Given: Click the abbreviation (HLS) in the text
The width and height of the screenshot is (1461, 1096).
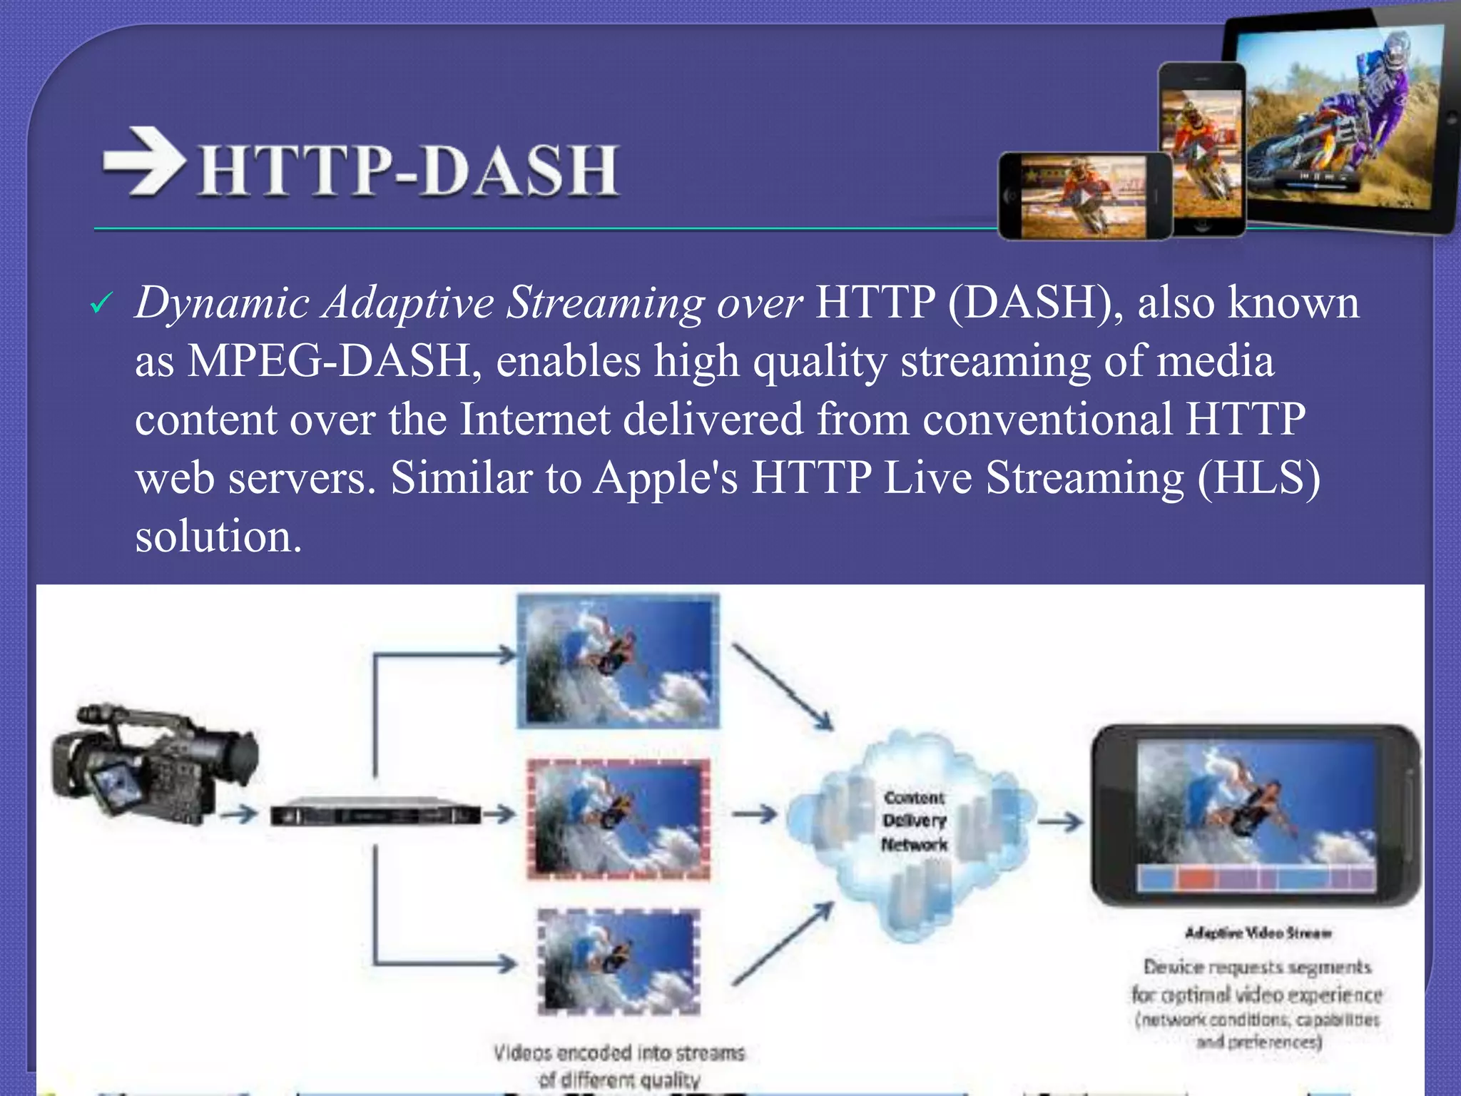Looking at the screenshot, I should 1259,477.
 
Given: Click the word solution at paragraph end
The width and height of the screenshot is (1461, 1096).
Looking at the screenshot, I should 218,536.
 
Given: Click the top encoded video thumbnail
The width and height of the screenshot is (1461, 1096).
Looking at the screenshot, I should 618,660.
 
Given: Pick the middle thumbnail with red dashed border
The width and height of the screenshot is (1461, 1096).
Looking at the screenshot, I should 618,818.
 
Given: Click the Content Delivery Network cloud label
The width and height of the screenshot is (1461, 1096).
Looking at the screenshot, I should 915,821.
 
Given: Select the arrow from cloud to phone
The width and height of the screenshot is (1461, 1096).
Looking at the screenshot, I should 1060,822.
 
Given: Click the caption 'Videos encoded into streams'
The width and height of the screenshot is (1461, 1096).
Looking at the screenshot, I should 618,1052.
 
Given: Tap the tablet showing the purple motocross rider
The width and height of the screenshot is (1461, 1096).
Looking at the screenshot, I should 1341,121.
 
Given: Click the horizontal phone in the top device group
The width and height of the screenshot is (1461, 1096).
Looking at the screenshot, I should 1084,196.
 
